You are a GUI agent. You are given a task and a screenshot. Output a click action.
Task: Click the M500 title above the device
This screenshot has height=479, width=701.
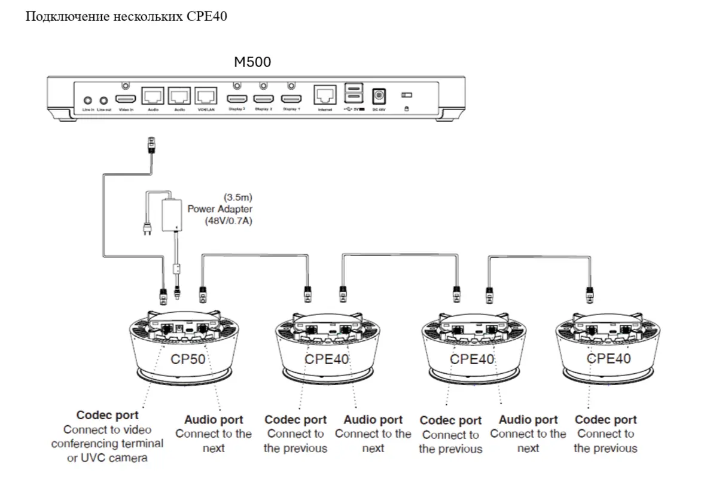251,62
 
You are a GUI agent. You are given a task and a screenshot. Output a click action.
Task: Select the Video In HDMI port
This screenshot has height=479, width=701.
126,99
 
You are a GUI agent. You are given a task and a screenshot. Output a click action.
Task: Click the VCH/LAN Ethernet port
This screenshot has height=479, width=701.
206,96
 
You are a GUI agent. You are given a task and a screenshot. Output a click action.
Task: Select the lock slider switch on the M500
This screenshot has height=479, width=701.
407,95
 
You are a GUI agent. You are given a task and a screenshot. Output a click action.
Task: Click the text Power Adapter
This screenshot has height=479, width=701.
220,209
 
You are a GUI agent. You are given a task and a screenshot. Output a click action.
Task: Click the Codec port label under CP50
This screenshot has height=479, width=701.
107,415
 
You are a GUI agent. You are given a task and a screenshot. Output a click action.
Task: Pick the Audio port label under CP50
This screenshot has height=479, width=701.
214,420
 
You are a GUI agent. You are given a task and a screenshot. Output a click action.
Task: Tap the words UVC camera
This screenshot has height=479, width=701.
116,458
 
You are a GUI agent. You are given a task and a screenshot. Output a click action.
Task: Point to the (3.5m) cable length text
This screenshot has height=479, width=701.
237,197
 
